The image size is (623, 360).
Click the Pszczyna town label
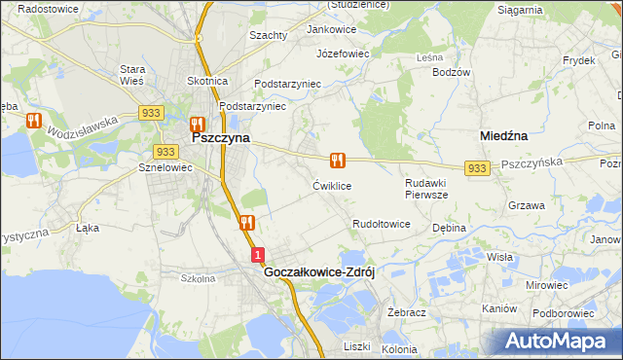pyautogui.click(x=221, y=138)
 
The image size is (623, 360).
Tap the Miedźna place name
pyautogui.click(x=504, y=137)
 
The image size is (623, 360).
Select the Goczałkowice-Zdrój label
pyautogui.click(x=319, y=273)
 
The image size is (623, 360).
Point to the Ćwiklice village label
pyautogui.click(x=332, y=185)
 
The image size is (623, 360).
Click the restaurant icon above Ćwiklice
pyautogui.click(x=337, y=160)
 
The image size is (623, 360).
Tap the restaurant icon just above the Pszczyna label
pyautogui.click(x=197, y=124)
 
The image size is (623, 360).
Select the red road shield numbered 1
pyautogui.click(x=257, y=255)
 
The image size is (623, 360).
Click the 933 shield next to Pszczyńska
pyautogui.click(x=476, y=168)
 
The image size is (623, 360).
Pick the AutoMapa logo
pyautogui.click(x=556, y=341)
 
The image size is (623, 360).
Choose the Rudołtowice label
pyautogui.click(x=382, y=224)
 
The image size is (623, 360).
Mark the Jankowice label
pyautogui.click(x=332, y=30)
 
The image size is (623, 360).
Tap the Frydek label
pyautogui.click(x=578, y=60)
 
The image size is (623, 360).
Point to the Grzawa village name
pyautogui.click(x=526, y=205)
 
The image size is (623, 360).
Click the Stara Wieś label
pyautogui.click(x=132, y=75)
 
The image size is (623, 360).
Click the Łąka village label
pyautogui.click(x=88, y=228)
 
